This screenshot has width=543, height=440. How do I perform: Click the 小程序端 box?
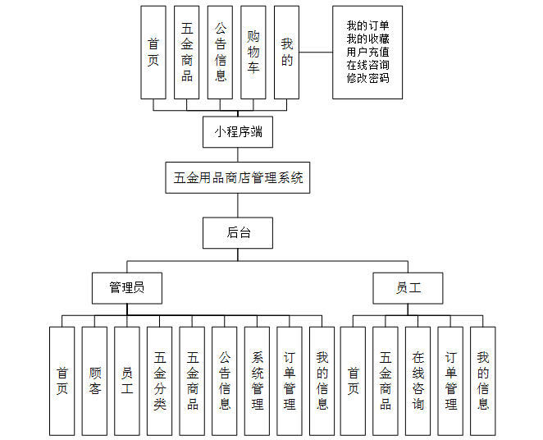tap(238, 131)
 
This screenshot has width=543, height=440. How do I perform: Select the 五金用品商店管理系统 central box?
tap(238, 176)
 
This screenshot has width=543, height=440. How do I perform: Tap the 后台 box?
tap(238, 232)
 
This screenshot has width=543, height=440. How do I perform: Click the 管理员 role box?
tap(127, 287)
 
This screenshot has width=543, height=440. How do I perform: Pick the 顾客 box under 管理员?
tap(94, 381)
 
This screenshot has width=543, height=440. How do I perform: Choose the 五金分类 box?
tap(159, 381)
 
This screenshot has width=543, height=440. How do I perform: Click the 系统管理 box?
tap(257, 381)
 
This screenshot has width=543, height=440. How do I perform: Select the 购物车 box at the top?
tap(253, 53)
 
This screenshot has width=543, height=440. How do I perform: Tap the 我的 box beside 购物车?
tap(285, 53)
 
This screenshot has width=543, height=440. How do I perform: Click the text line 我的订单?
tap(367, 25)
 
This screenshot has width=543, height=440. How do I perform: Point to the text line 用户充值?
tap(367, 52)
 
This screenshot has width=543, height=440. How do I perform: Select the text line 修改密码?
tap(367, 78)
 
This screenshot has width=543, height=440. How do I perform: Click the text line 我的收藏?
tap(367, 39)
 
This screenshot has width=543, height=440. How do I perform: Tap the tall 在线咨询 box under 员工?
tap(418, 381)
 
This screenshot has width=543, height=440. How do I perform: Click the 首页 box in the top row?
tap(153, 53)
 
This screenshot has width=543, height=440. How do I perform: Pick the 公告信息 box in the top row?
tap(220, 53)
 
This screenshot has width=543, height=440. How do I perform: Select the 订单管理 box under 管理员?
tap(290, 381)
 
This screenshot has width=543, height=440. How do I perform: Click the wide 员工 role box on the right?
tap(408, 287)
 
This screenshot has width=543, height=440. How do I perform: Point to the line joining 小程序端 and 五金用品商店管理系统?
tap(238, 154)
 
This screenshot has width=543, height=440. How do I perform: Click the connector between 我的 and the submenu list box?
tap(315, 53)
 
